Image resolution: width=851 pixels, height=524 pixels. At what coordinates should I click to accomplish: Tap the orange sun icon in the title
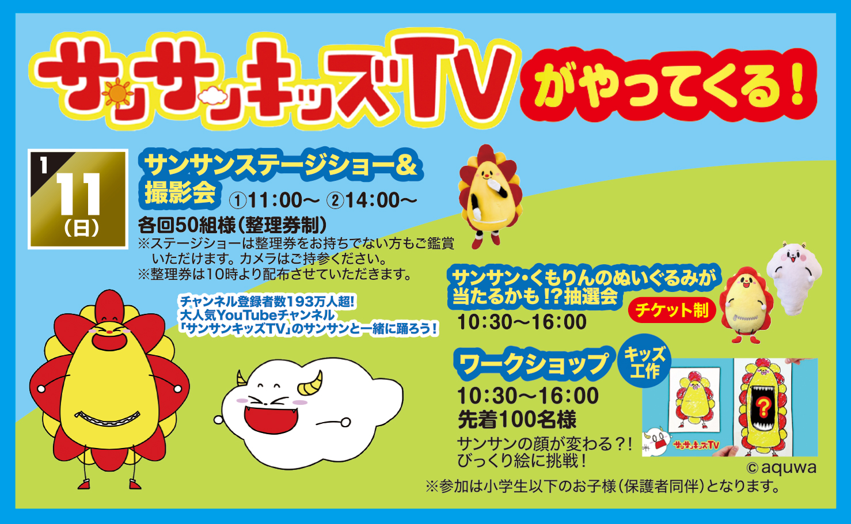click(117, 93)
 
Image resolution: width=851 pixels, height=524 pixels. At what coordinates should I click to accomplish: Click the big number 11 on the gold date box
click(78, 195)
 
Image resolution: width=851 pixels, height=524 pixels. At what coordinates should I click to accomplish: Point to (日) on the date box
click(81, 229)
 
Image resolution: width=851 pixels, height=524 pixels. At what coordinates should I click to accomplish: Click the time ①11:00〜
click(274, 200)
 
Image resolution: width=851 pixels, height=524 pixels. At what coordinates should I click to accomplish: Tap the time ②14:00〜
click(372, 200)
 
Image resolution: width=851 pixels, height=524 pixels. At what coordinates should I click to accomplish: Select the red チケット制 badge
click(672, 310)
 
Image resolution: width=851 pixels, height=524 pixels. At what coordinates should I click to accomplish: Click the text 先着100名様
click(517, 420)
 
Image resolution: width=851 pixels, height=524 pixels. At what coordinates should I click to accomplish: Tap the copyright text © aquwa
click(781, 468)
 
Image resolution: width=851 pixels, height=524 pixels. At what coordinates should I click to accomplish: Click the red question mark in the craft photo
click(762, 407)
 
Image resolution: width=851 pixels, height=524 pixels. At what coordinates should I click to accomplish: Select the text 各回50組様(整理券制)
click(232, 225)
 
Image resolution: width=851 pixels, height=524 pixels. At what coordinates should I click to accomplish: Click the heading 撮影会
click(180, 193)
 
